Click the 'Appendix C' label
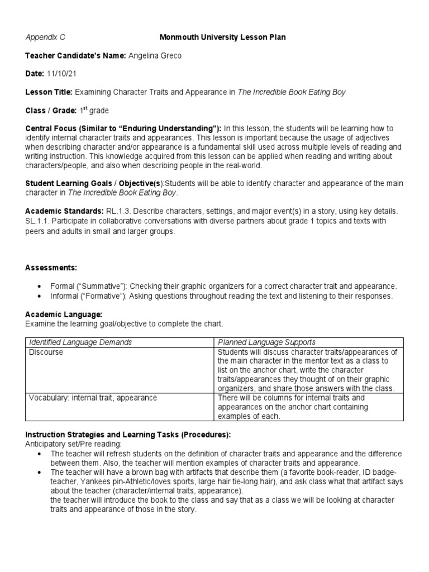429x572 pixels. click(x=45, y=37)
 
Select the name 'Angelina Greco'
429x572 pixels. click(x=155, y=56)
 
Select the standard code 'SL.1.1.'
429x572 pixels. click(x=39, y=222)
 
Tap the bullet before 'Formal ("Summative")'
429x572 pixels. click(x=39, y=286)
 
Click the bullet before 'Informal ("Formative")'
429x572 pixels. click(x=39, y=296)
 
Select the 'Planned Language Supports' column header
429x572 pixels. click(x=267, y=342)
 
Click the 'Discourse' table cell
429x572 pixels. click(x=46, y=352)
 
